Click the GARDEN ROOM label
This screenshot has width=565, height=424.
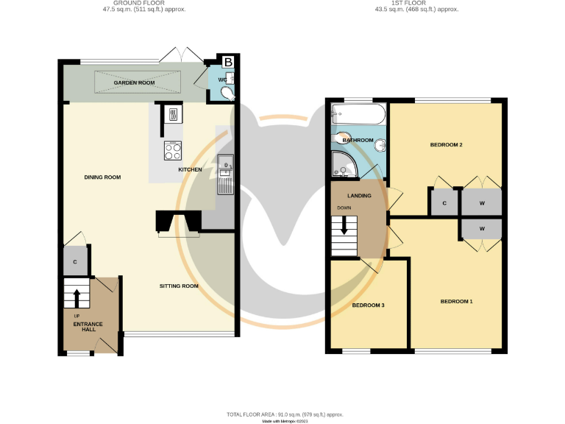click(x=134, y=83)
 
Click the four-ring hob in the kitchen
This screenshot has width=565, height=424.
click(x=173, y=151)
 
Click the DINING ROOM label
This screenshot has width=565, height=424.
click(x=102, y=177)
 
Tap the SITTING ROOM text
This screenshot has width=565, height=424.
click(x=180, y=286)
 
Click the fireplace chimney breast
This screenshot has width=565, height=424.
click(x=177, y=221)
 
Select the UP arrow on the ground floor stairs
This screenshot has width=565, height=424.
click(x=77, y=297)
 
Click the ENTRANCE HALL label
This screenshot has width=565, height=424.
click(x=88, y=327)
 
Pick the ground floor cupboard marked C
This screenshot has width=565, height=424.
click(x=75, y=261)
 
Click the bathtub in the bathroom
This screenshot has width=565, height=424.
click(x=358, y=114)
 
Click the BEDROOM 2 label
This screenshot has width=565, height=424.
click(x=446, y=145)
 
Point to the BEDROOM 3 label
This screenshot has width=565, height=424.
click(x=368, y=305)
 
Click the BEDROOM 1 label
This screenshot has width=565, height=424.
click(x=456, y=301)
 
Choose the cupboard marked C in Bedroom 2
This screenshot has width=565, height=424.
click(x=444, y=203)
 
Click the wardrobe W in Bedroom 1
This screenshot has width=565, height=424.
click(x=482, y=229)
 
